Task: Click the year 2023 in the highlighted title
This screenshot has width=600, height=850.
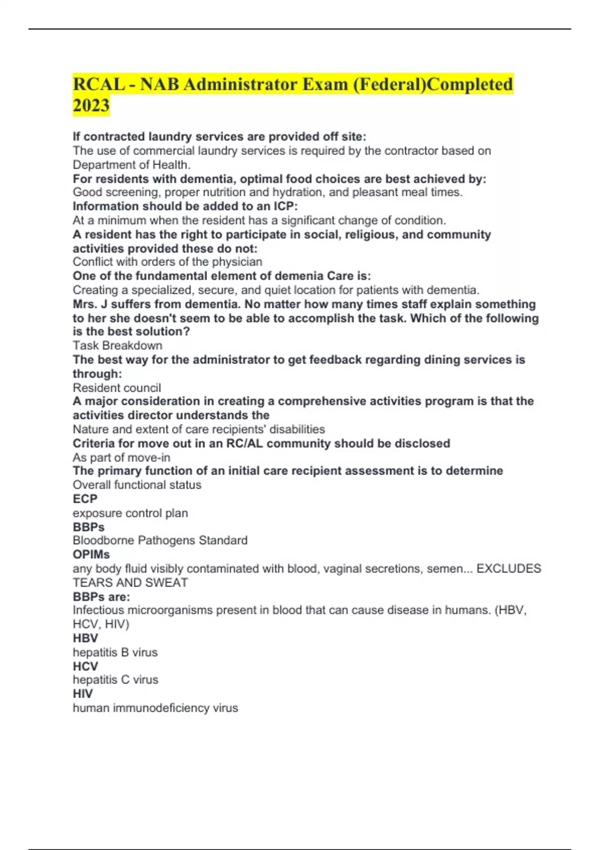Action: [91, 105]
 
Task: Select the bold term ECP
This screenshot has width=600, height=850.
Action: [85, 499]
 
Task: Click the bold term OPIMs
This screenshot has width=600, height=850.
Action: [91, 554]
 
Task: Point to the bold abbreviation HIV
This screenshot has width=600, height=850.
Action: [82, 694]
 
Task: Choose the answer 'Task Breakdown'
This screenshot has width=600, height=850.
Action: [117, 345]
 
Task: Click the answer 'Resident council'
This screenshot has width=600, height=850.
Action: [117, 388]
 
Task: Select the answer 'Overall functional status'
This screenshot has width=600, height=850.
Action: [137, 485]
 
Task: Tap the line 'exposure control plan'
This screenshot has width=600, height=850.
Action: [130, 513]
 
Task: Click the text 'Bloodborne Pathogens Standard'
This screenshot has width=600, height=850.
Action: [160, 540]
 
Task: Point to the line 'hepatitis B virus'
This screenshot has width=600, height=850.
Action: [115, 652]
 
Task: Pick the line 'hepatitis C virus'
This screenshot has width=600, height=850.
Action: [115, 680]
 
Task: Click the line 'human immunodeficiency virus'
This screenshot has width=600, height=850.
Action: [155, 708]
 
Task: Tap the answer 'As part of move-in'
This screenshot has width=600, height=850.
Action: [121, 457]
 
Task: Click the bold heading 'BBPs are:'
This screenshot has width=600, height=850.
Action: [101, 597]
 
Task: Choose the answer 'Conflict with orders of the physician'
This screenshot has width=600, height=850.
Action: [167, 262]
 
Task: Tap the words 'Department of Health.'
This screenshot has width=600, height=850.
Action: [131, 165]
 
